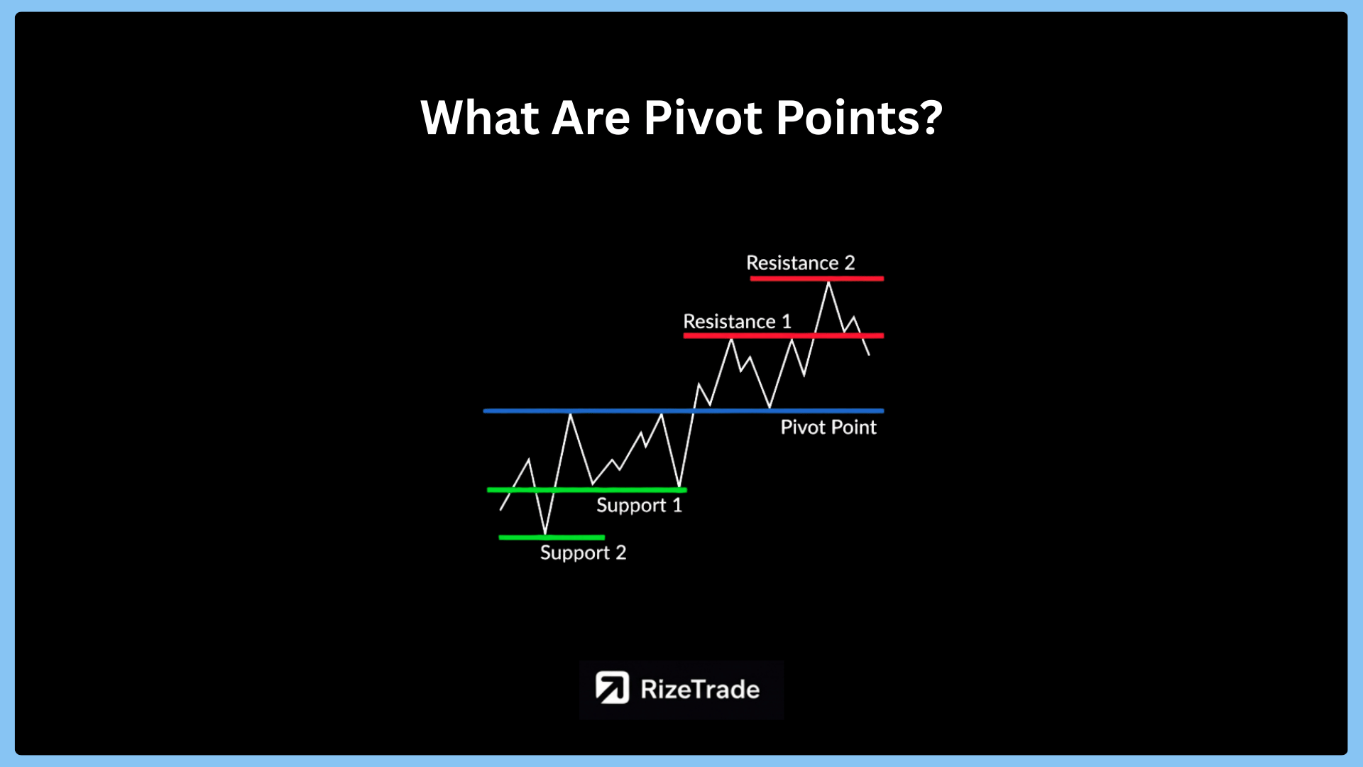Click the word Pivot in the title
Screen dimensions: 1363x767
703,117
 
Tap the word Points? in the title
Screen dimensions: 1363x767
860,117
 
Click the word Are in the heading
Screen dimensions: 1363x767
591,117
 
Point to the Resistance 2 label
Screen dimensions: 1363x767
801,263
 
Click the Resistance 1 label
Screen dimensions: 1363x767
737,321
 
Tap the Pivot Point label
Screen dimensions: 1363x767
828,427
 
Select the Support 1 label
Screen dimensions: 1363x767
639,505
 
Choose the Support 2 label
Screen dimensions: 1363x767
583,553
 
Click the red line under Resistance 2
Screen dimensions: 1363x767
816,278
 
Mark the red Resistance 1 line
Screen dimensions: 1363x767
784,335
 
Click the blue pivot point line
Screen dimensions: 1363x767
684,410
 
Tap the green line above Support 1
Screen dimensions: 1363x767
587,490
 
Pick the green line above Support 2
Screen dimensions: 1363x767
552,537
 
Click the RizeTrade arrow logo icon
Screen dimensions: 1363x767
612,687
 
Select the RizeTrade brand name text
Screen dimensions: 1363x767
700,689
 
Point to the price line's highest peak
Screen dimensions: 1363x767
828,283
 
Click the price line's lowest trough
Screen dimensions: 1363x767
545,533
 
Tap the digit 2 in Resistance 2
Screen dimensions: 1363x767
850,263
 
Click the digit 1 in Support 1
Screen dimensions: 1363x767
677,505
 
